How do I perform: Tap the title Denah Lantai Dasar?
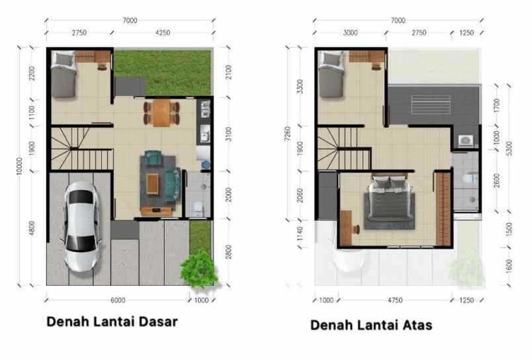112,322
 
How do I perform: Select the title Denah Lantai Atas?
371,325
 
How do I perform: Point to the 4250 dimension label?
162,31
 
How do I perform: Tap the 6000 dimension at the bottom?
118,300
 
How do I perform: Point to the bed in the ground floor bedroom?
64,75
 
